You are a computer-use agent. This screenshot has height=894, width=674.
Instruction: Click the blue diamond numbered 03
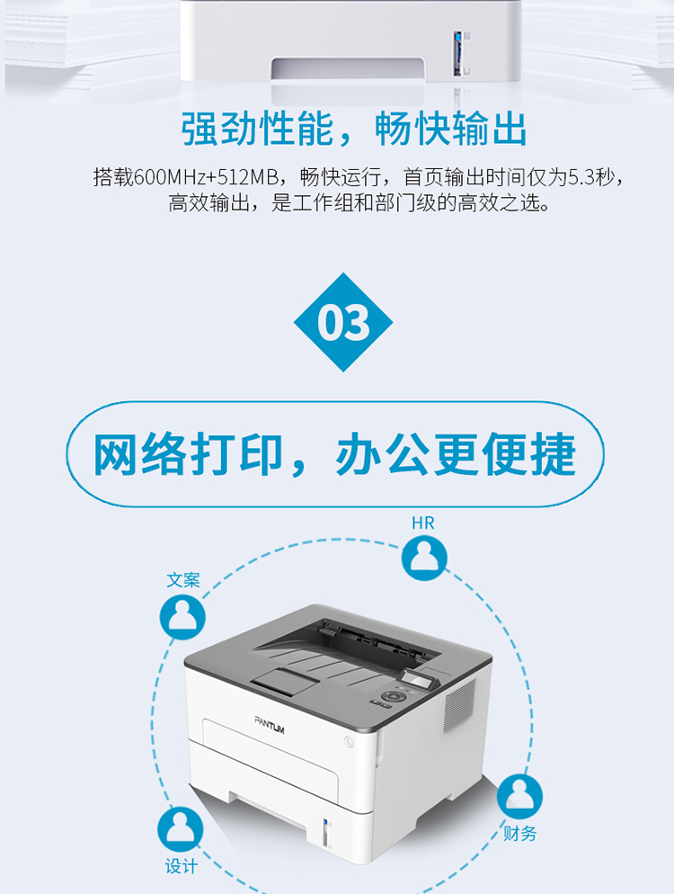(x=343, y=322)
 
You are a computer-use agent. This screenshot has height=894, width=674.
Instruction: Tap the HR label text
(x=422, y=523)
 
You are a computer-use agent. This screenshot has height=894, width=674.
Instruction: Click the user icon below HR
(x=424, y=558)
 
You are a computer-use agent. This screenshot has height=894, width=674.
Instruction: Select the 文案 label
(x=183, y=580)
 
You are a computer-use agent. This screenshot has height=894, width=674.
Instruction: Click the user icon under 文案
(x=182, y=617)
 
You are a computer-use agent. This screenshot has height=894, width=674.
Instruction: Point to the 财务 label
(x=519, y=834)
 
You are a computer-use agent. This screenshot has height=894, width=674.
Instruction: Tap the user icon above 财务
(x=519, y=796)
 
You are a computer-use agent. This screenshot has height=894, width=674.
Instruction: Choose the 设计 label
(x=182, y=867)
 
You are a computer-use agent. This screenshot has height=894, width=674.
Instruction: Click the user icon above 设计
(x=181, y=829)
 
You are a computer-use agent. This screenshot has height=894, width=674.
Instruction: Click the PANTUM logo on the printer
(x=269, y=724)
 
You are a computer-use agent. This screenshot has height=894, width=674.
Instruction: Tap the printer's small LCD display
(x=415, y=679)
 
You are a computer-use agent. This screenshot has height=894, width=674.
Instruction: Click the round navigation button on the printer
(x=392, y=696)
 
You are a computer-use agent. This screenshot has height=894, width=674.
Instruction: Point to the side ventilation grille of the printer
(x=459, y=705)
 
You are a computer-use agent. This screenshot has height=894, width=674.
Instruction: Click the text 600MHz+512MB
(x=207, y=177)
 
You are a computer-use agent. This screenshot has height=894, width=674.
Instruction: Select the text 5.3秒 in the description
(x=592, y=177)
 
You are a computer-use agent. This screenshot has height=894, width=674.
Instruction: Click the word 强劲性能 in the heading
(x=257, y=130)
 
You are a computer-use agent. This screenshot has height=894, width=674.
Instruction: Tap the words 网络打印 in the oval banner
(x=189, y=454)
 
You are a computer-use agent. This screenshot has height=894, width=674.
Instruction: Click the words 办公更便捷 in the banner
(x=456, y=454)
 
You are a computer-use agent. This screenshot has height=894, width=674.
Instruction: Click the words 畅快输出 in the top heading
(x=451, y=130)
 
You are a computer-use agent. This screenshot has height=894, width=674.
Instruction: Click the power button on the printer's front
(x=349, y=741)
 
